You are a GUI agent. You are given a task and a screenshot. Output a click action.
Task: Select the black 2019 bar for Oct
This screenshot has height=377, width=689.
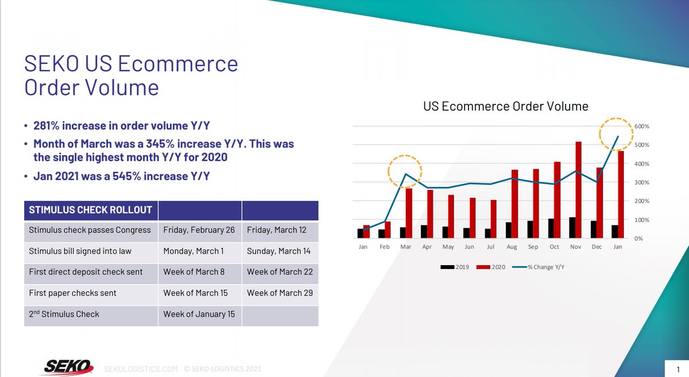551,228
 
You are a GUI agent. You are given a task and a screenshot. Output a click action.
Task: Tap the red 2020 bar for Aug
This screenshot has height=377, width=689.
515,204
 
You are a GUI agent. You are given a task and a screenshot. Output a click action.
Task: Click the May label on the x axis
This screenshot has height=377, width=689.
448,247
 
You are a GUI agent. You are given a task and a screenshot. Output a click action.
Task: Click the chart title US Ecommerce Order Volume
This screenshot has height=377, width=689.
506,107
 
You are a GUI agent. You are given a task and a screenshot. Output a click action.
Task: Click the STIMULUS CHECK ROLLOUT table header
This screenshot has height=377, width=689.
91,209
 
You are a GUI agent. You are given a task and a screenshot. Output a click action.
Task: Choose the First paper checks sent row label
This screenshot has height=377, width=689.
72,293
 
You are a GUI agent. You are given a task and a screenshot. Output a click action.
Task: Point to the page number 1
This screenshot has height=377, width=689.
678,368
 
